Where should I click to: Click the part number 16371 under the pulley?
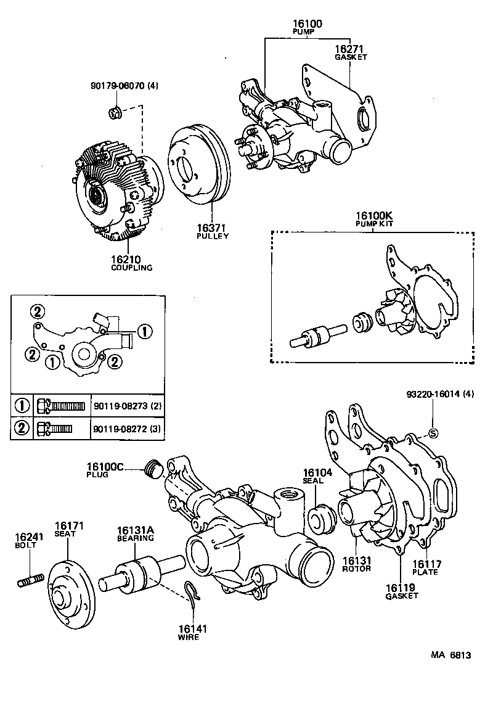[x=213, y=228]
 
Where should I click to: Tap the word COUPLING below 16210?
[x=132, y=268]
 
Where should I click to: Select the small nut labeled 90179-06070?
[x=114, y=112]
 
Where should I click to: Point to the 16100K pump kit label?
[x=373, y=216]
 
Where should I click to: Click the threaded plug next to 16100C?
[x=152, y=471]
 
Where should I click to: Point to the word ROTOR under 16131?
[x=357, y=568]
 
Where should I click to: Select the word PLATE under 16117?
[x=425, y=572]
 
